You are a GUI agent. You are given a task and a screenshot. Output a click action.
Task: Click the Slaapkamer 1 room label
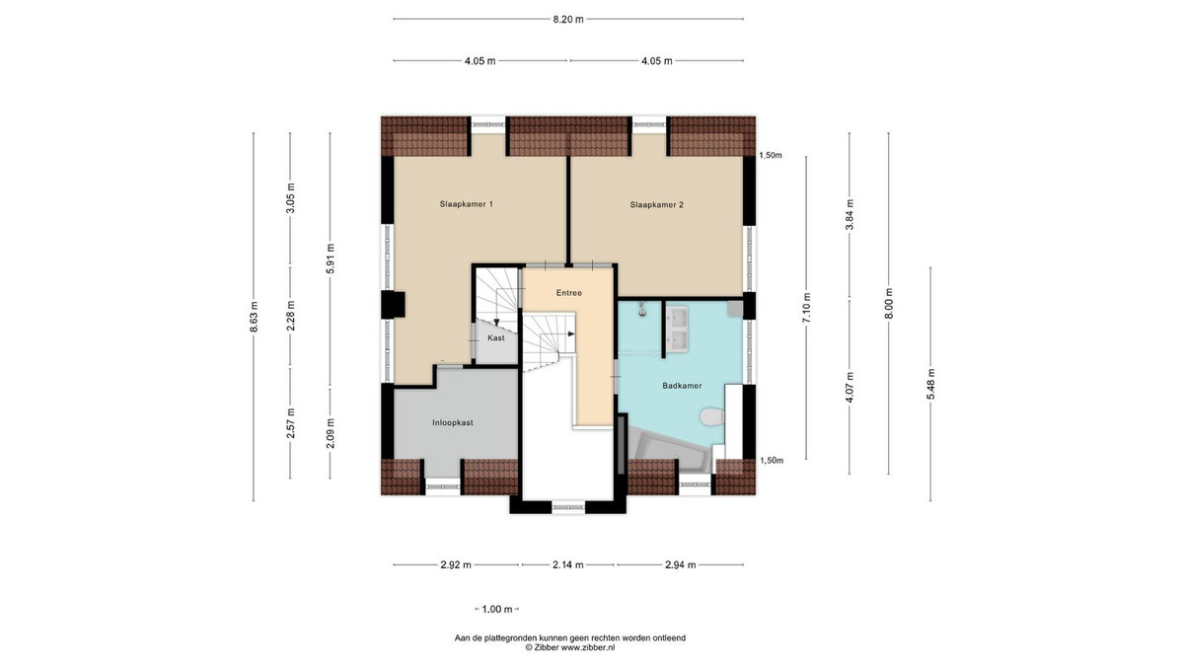coord(466,204)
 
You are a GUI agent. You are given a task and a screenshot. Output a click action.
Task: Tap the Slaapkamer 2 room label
coord(656,204)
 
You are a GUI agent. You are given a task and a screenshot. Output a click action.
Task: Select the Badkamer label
coord(682,386)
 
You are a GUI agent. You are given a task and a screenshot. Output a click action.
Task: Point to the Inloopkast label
coord(453,423)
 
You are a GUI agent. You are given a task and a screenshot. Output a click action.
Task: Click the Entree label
coord(568,293)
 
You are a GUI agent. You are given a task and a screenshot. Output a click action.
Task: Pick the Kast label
coord(495,337)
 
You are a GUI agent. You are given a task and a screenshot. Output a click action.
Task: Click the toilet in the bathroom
coord(712,416)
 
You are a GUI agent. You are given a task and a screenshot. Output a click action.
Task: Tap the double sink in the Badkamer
coord(676,330)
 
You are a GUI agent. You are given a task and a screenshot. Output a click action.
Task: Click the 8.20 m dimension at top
coord(568,20)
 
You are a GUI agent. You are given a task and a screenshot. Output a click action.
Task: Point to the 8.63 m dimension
coord(254,317)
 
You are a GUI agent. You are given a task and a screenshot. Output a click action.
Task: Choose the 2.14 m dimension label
coord(568,565)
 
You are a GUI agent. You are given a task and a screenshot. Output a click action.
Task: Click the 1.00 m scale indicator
coord(497,610)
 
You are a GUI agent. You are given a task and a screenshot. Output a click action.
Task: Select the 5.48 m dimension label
coord(930,384)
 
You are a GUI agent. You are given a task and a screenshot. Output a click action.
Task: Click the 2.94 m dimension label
coord(680,565)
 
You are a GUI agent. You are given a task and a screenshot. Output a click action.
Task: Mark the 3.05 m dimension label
coord(290,197)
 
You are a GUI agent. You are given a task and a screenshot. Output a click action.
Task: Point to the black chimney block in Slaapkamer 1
coord(394,305)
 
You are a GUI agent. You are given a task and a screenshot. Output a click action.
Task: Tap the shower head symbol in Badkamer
coord(642,309)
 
